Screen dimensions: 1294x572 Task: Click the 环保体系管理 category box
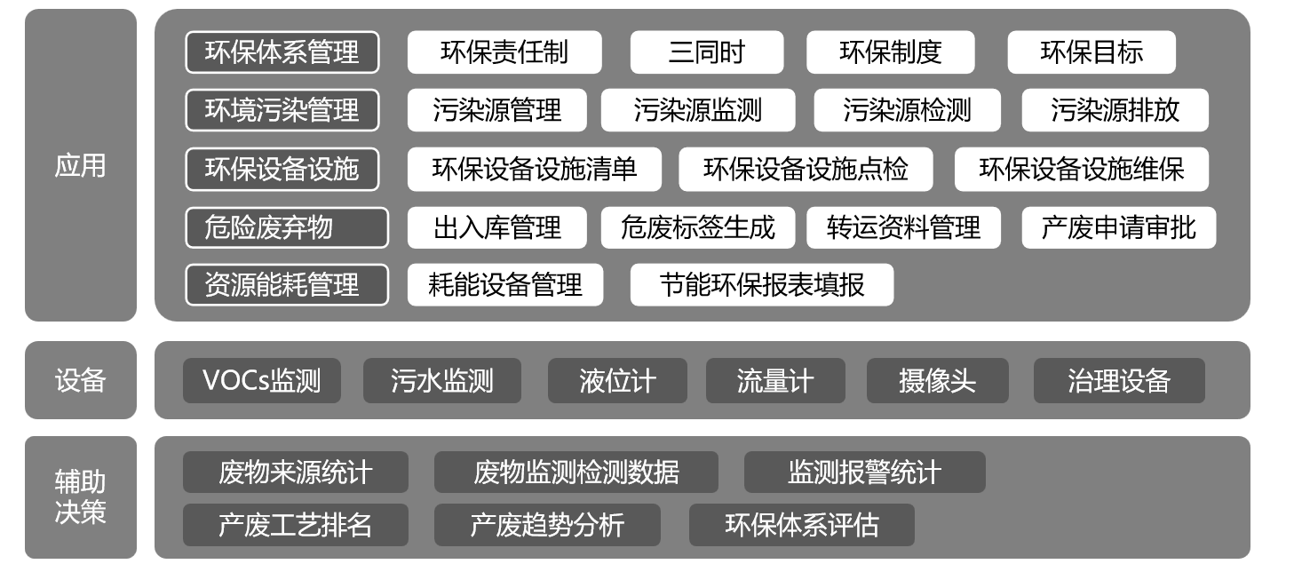282,52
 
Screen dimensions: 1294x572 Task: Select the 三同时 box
706,52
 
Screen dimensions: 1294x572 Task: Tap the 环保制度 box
890,52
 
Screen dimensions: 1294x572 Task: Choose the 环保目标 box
1092,52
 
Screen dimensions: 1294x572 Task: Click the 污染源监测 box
698,110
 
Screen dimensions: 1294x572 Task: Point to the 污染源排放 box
1115,110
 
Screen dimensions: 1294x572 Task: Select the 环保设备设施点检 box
806,170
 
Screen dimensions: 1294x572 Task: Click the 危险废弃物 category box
287,227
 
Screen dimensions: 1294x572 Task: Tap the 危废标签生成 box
698,227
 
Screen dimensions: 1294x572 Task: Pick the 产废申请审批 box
1118,227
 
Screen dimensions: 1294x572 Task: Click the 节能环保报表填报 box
761,285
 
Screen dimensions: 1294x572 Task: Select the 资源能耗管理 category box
287,285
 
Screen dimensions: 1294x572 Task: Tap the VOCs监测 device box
262,381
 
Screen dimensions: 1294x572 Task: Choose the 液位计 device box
617,381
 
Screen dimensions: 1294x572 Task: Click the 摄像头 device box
937,381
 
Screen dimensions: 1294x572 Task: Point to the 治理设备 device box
1119,381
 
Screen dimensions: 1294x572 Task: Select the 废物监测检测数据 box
576,472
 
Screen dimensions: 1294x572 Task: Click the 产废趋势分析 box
547,525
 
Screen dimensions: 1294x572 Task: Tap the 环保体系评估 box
801,525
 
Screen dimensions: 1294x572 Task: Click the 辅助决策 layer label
80,497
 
